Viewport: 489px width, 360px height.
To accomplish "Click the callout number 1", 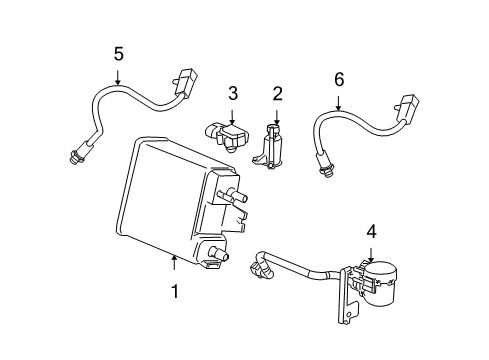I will (174, 292).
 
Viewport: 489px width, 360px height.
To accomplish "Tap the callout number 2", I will (277, 94).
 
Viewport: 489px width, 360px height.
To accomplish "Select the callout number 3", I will (232, 94).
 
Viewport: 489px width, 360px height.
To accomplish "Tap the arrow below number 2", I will (277, 117).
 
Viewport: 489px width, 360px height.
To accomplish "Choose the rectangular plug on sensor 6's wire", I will (408, 107).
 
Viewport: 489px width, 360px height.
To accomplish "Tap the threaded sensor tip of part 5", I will (74, 156).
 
